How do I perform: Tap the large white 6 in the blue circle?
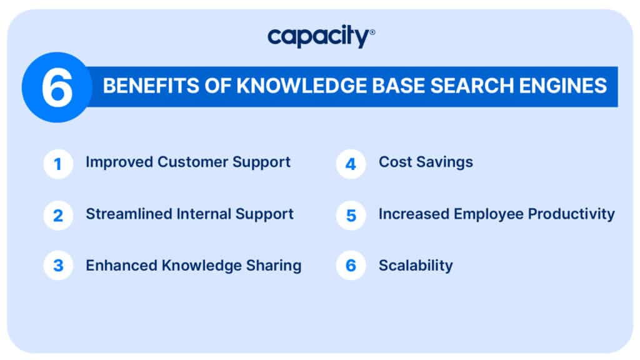[57, 87]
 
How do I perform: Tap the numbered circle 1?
[58, 164]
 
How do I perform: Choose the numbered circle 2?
[58, 216]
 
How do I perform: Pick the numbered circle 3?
[58, 266]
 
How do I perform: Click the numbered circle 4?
[351, 164]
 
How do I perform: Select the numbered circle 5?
[351, 216]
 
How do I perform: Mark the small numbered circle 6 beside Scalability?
[351, 266]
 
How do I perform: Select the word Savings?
[446, 162]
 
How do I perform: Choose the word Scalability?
[416, 265]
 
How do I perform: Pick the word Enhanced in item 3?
[122, 265]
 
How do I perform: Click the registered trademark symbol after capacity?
[372, 31]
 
